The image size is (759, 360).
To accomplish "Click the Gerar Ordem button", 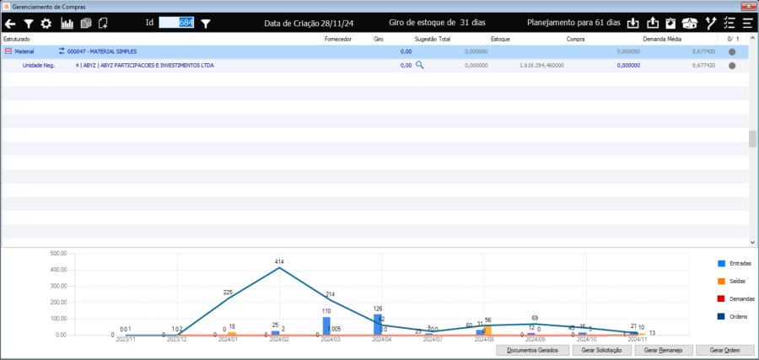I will (724, 350).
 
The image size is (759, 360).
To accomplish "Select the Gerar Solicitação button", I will (600, 350).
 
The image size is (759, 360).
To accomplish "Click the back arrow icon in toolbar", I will (10, 24).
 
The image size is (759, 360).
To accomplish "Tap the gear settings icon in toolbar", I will (46, 24).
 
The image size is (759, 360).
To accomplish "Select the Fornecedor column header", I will (337, 40).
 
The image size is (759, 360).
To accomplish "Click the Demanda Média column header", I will (661, 40).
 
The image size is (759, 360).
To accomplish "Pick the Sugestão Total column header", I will (433, 40).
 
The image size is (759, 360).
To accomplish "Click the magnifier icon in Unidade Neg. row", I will (419, 65).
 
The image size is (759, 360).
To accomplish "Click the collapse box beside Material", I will (8, 51).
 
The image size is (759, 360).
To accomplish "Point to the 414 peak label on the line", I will (279, 261).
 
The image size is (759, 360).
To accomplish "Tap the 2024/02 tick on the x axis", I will (280, 340).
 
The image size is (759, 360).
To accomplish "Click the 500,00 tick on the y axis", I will (58, 253).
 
